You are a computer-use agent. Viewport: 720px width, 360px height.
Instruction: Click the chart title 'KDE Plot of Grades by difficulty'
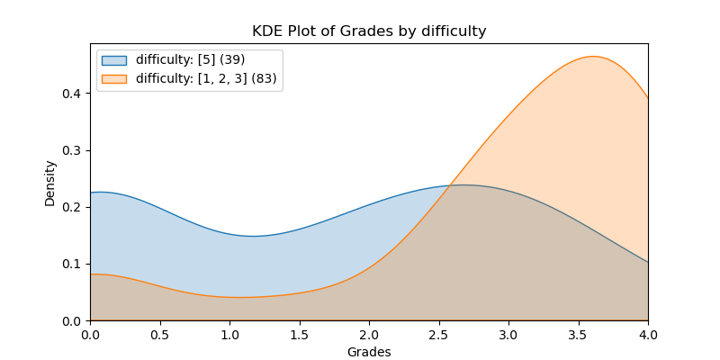point(369,31)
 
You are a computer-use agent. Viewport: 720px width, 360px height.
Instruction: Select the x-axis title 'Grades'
point(369,352)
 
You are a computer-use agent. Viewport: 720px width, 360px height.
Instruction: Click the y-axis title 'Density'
point(50,183)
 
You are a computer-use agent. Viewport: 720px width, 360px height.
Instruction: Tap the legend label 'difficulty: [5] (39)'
point(190,60)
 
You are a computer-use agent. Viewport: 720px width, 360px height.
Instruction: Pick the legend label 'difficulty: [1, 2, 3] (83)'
point(207,78)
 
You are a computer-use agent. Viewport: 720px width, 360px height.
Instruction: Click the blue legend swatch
point(114,60)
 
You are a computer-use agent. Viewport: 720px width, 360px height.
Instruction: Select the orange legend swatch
point(114,78)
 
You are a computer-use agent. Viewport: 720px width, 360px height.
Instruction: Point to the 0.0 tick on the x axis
point(90,333)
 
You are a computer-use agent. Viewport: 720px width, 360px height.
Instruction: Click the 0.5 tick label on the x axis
point(160,333)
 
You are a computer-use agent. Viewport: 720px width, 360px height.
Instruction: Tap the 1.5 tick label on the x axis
point(300,333)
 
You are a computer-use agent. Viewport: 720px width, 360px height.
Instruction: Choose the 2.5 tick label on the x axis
point(439,333)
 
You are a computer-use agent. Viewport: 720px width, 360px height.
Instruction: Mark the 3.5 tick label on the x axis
point(579,333)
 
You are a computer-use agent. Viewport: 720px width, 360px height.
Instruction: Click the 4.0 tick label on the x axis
point(648,333)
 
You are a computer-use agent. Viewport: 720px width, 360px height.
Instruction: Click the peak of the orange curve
point(593,57)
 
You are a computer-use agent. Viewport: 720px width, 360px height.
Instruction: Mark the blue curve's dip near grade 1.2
point(254,236)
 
